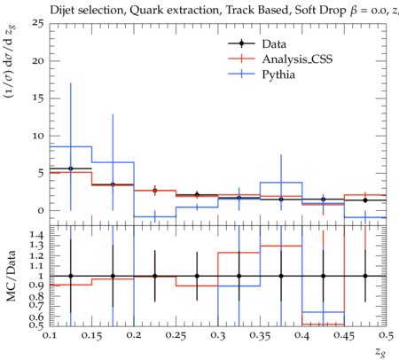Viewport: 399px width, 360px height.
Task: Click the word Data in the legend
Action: tap(274, 44)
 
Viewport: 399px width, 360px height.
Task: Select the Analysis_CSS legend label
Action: tap(297, 59)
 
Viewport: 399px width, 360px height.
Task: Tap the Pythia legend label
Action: tap(278, 74)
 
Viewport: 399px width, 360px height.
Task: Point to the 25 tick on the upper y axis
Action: tap(37, 23)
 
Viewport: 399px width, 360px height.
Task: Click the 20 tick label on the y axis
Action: tap(37, 61)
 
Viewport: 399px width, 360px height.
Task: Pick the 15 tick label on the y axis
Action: tap(37, 98)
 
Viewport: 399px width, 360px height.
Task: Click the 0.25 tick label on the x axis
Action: tap(176, 336)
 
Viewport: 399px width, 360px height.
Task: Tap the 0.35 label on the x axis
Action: tap(260, 336)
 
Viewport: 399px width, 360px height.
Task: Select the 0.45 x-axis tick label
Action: tap(344, 336)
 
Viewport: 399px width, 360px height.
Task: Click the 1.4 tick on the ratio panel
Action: tap(36, 235)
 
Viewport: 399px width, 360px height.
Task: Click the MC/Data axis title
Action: tap(12, 276)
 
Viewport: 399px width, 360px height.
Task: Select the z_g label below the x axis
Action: tap(380, 352)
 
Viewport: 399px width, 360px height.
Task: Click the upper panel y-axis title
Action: tap(11, 61)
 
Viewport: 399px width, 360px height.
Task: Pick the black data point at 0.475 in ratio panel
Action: tap(365, 276)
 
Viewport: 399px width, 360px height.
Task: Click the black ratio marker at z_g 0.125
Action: tap(71, 276)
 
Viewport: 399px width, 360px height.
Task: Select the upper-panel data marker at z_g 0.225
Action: tap(155, 191)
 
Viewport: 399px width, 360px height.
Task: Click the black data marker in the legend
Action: tap(241, 43)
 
